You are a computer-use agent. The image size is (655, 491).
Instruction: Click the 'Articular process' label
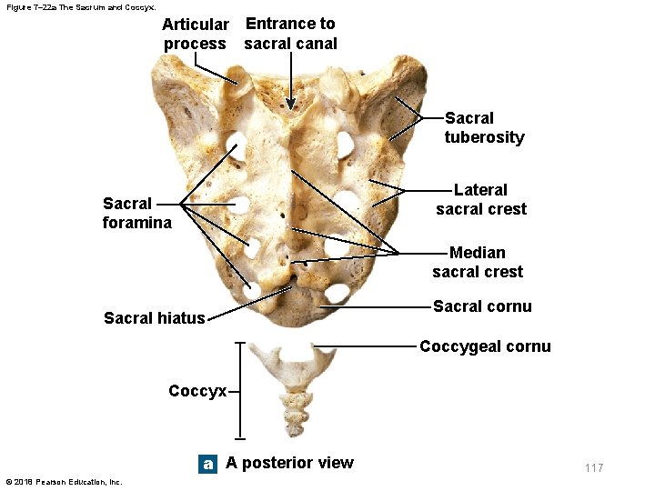tap(195, 34)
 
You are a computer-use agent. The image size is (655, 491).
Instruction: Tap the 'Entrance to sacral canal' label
tap(290, 34)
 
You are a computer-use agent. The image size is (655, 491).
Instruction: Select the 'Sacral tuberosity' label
tap(484, 127)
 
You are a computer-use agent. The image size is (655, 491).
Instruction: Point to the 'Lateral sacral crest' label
tap(480, 199)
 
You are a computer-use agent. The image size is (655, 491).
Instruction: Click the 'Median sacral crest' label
tap(478, 262)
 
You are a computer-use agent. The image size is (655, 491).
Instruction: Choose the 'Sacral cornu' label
tap(482, 306)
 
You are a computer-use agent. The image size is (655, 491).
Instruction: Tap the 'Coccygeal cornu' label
tap(485, 346)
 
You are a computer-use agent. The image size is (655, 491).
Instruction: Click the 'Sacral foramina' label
tap(136, 213)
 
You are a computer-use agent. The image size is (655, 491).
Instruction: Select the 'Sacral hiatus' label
tap(155, 317)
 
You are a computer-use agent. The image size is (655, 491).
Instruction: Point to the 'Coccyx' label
tap(197, 391)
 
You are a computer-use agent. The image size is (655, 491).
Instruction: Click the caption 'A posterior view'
tap(289, 463)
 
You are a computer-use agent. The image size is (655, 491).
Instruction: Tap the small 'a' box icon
tap(208, 464)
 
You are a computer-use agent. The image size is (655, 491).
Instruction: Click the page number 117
tap(593, 467)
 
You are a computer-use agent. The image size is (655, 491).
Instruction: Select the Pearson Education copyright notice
tap(64, 481)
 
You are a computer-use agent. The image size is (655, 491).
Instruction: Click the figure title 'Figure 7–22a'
tap(75, 6)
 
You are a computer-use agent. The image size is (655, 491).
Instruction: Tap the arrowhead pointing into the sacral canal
tap(290, 104)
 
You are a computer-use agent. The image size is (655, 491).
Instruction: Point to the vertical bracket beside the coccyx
tap(241, 391)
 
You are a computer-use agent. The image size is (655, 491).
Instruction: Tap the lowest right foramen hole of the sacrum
tap(336, 293)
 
